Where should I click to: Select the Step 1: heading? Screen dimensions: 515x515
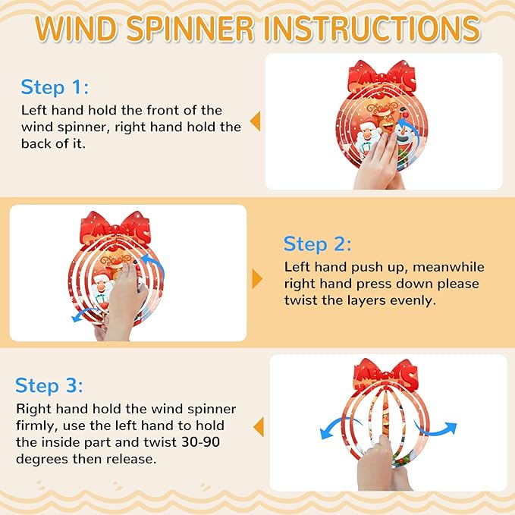(x=55, y=87)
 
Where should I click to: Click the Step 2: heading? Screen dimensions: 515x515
(x=317, y=244)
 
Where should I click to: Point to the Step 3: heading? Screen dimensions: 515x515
(x=49, y=385)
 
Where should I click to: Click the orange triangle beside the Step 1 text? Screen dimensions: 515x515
(x=255, y=121)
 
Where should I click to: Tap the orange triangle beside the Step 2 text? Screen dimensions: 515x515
(x=257, y=279)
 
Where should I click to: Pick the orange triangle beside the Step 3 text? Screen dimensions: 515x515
(x=259, y=427)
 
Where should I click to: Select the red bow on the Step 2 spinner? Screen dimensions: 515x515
(x=115, y=228)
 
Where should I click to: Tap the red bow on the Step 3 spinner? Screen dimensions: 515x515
(x=385, y=375)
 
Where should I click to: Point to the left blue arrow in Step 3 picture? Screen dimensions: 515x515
(x=338, y=426)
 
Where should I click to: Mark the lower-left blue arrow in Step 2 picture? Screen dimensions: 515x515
(x=83, y=314)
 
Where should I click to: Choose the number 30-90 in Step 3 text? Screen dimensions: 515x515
(x=201, y=442)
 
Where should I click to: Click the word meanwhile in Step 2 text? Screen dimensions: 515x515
(x=448, y=267)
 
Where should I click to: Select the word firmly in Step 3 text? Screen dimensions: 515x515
(x=36, y=426)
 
